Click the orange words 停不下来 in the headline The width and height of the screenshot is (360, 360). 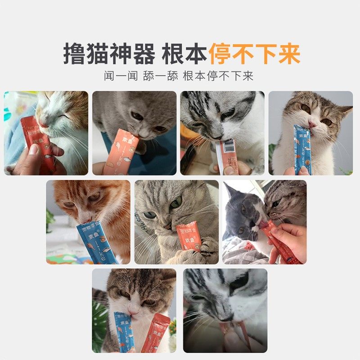pyautogui.click(x=254, y=54)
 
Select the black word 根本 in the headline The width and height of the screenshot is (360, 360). pyautogui.click(x=184, y=54)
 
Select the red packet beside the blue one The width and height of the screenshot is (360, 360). pyautogui.click(x=156, y=333)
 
